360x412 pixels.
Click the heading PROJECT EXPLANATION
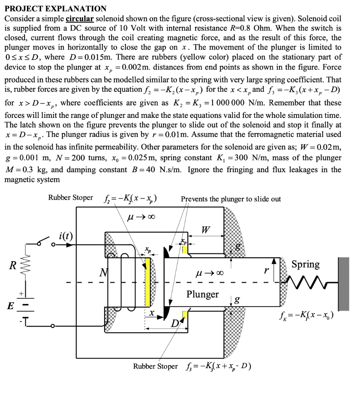[x=55, y=8]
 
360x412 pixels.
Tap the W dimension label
[x=205, y=231]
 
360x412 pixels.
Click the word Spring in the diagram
[x=305, y=264]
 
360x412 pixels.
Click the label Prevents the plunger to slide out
[x=231, y=199]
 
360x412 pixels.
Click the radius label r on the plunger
[x=265, y=271]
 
